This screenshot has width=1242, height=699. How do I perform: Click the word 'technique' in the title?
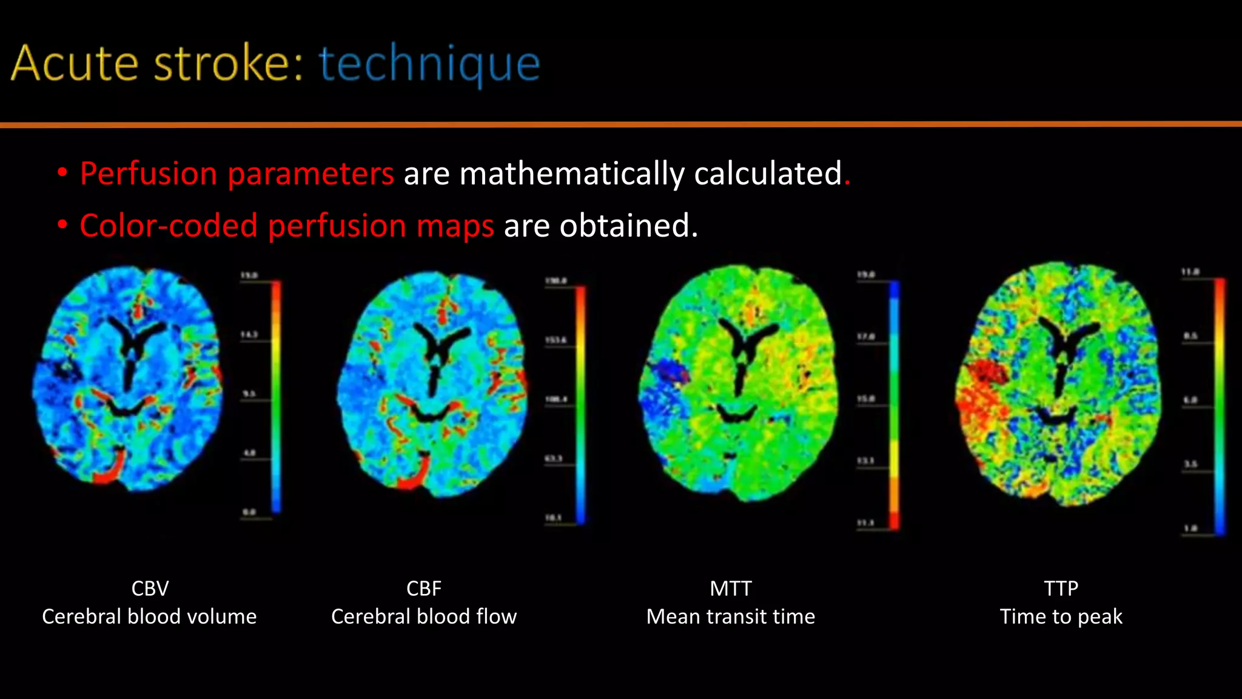pyautogui.click(x=429, y=64)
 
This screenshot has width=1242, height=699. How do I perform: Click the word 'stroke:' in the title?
pyautogui.click(x=228, y=64)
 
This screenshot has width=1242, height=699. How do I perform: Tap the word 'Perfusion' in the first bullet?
pyautogui.click(x=149, y=174)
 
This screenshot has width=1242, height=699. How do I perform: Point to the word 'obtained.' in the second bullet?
pyautogui.click(x=628, y=226)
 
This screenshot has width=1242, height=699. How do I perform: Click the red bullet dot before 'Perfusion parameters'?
pyautogui.click(x=62, y=173)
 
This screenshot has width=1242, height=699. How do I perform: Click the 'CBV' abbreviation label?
pyautogui.click(x=150, y=589)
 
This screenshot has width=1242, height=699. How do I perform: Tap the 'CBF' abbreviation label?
pyautogui.click(x=423, y=589)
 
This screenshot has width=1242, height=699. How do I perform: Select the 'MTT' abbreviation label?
pyautogui.click(x=731, y=589)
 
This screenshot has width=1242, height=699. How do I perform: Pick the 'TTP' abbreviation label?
pyautogui.click(x=1061, y=589)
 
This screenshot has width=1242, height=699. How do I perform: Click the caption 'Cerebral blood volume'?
pyautogui.click(x=149, y=616)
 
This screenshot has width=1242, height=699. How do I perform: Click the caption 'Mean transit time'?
pyautogui.click(x=731, y=616)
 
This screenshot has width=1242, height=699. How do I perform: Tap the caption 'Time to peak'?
pyautogui.click(x=1061, y=616)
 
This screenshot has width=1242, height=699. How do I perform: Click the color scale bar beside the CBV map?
pyautogui.click(x=276, y=394)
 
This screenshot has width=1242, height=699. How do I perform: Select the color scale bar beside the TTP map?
pyautogui.click(x=1220, y=407)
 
